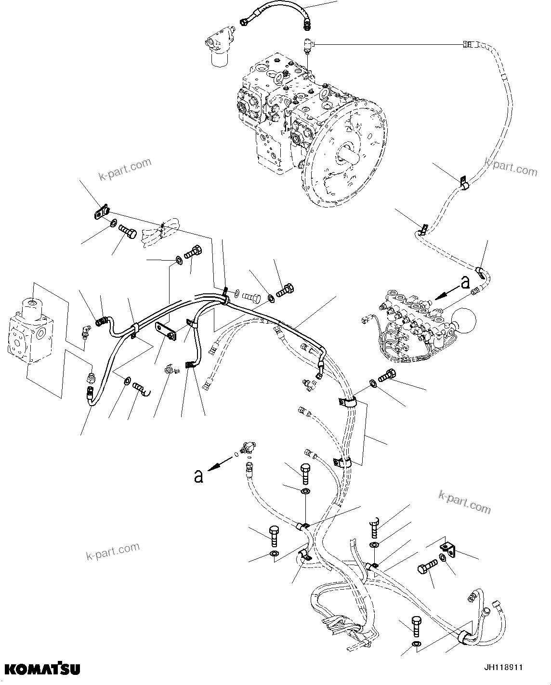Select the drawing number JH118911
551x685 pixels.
tap(503, 668)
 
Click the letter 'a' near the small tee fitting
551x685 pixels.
tap(197, 476)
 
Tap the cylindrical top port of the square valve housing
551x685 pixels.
tap(33, 305)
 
